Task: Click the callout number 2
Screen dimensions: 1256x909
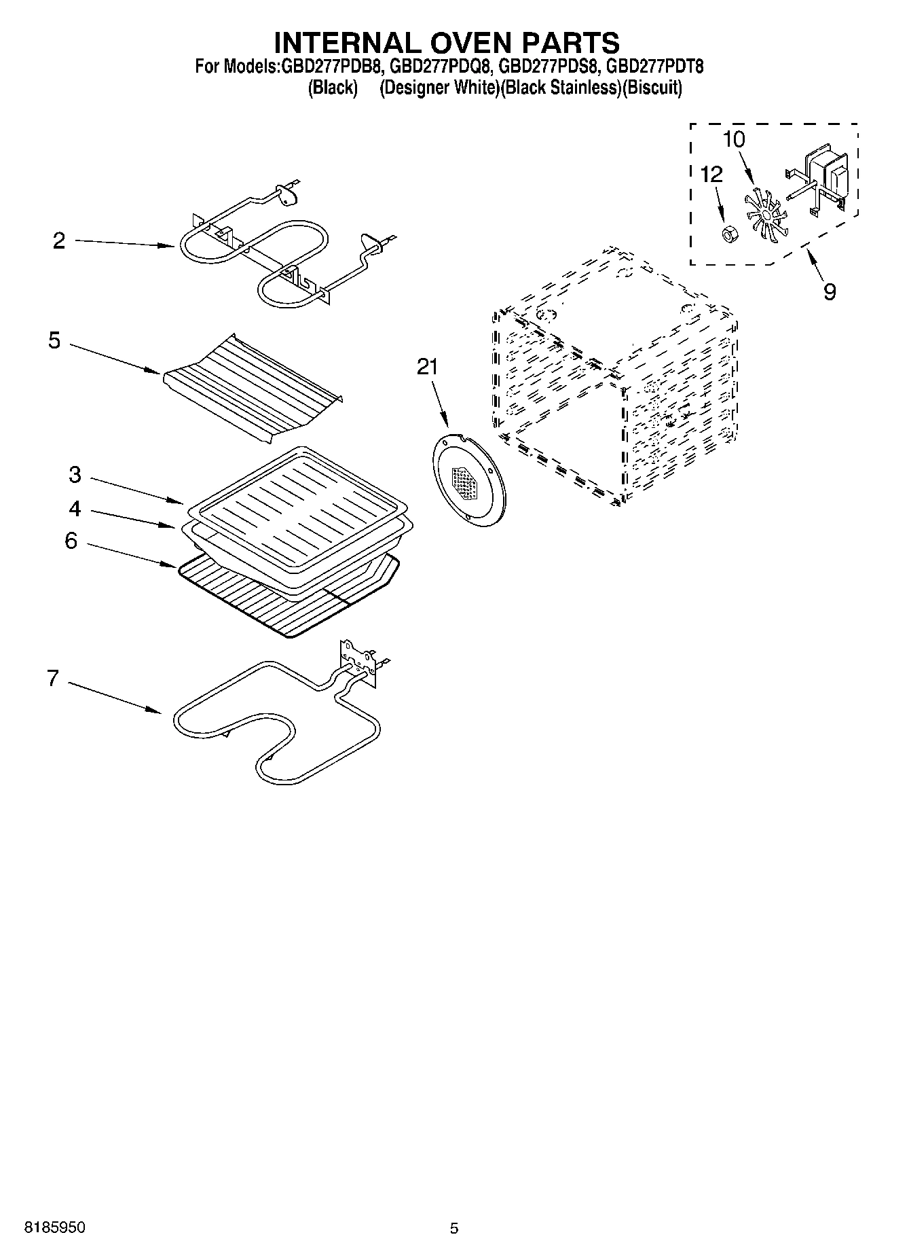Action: click(59, 241)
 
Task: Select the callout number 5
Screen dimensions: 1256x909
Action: click(54, 340)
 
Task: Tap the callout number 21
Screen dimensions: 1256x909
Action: click(427, 367)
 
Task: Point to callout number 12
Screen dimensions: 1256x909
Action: click(711, 175)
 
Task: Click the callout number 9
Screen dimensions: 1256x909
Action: click(829, 292)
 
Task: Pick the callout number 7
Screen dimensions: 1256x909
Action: click(53, 678)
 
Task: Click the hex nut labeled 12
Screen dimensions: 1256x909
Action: click(727, 234)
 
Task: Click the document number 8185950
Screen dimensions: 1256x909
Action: click(55, 1227)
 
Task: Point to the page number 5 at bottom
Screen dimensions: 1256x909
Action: click(453, 1227)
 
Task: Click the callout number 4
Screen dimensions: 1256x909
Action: click(74, 508)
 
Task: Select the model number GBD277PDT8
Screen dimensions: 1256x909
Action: click(654, 67)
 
